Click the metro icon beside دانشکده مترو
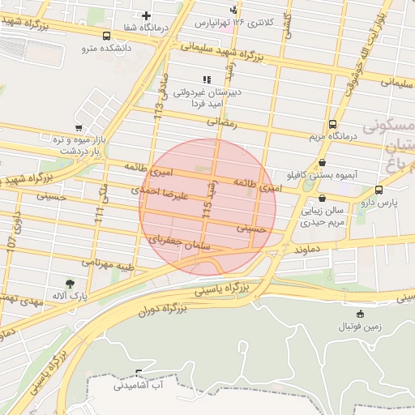(x=107, y=36)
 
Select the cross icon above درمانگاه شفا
(x=146, y=15)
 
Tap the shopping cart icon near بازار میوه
(x=78, y=128)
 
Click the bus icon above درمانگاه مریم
(x=333, y=124)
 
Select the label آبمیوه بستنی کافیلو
(x=323, y=174)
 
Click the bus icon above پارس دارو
(x=379, y=190)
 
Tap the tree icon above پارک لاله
(x=71, y=284)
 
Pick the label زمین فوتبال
(x=359, y=326)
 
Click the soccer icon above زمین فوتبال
(x=360, y=314)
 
